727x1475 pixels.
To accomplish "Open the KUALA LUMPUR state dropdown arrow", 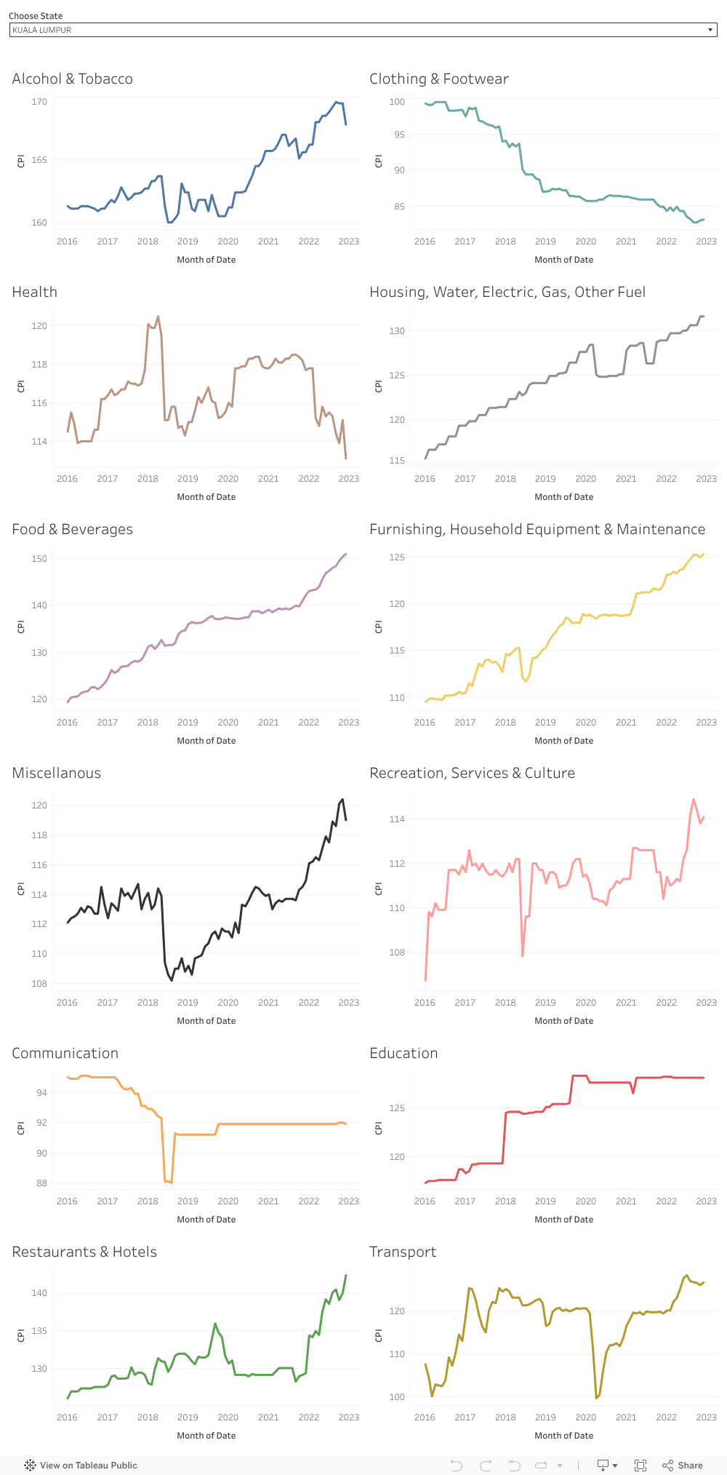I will coord(710,30).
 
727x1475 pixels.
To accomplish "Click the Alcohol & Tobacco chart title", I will coord(72,79).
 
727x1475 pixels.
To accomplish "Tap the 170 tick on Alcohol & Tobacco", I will coord(39,102).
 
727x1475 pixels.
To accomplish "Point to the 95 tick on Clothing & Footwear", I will coord(397,135).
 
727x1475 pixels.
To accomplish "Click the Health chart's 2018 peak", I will coord(158,317).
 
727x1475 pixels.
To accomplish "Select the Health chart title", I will coord(34,292).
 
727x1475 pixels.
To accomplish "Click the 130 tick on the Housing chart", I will coord(397,331).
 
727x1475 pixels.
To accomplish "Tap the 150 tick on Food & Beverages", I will coord(39,559).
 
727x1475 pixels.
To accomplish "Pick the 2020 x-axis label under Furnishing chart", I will coord(585,723).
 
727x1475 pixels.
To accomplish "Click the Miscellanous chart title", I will coord(56,773).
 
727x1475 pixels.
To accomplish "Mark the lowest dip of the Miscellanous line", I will coord(172,980).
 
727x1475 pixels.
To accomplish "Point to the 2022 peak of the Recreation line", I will coord(694,800).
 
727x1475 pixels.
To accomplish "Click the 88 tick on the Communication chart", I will coord(41,1183).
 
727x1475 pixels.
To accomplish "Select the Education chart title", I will coord(403,1053).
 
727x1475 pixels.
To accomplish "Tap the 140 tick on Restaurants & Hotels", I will coord(39,1293).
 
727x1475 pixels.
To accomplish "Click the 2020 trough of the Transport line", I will coord(596,1398).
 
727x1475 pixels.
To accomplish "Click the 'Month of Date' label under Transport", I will coord(563,1436).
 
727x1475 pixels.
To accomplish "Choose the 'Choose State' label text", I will coord(36,16).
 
